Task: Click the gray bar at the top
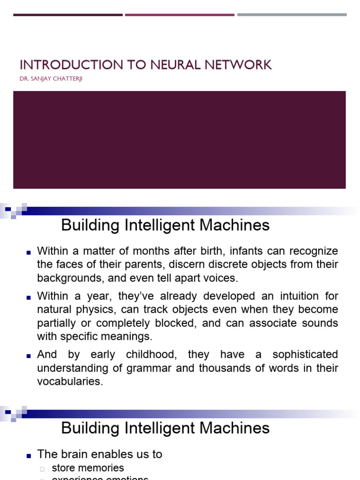[x=292, y=15]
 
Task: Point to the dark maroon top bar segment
[x=67, y=15]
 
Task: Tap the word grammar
[x=150, y=368]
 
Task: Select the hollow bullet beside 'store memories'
[x=42, y=469]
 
